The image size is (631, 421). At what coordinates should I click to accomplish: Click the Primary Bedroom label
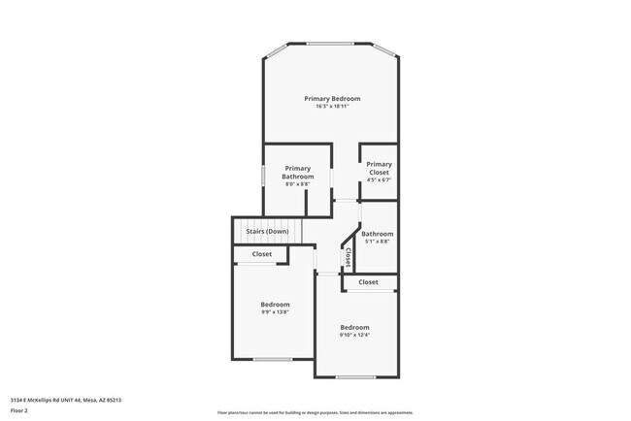[x=332, y=99]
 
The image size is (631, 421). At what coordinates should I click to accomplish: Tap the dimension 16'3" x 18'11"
[x=332, y=107]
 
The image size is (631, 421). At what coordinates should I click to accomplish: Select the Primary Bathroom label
[x=298, y=173]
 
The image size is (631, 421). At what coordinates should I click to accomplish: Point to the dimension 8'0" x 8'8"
[x=298, y=184]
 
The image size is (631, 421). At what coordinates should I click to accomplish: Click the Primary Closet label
[x=379, y=169]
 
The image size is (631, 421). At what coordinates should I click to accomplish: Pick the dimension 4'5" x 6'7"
[x=379, y=180]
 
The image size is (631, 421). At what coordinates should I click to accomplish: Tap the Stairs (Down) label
[x=266, y=232]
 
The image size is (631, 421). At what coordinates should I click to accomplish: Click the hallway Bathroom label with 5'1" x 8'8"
[x=378, y=234]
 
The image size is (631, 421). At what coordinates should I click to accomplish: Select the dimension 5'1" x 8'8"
[x=378, y=242]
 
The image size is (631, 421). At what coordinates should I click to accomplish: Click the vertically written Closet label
[x=348, y=257]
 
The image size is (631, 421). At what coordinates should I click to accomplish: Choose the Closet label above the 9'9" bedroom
[x=262, y=254]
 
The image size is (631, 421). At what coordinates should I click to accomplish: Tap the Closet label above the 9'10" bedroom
[x=368, y=282]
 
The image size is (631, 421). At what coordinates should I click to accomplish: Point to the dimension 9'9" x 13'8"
[x=275, y=312]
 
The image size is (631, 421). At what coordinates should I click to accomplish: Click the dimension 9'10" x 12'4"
[x=354, y=336]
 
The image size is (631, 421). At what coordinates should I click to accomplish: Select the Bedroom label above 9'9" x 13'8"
[x=275, y=305]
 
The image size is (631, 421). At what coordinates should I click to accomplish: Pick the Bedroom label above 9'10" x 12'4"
[x=354, y=328]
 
